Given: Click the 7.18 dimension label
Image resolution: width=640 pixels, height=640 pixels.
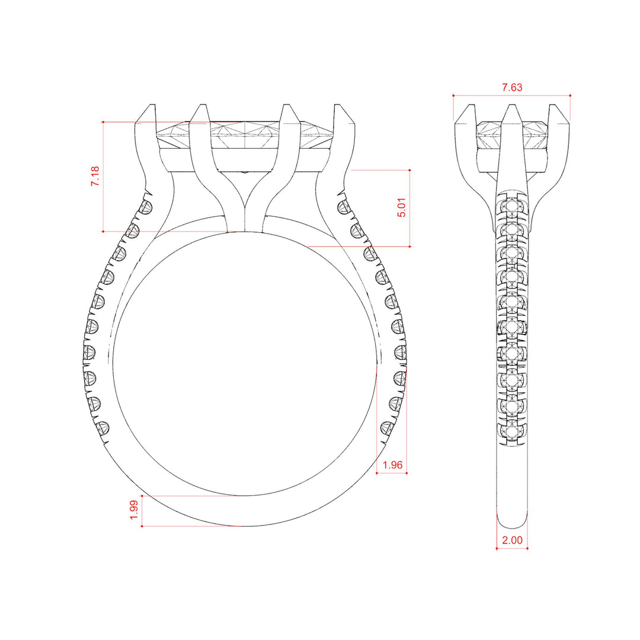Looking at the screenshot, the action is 95,177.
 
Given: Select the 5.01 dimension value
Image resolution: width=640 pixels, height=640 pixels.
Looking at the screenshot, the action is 402,207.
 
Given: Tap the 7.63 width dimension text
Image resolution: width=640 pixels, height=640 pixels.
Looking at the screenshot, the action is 512,87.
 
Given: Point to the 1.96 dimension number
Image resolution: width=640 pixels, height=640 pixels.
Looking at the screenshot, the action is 392,465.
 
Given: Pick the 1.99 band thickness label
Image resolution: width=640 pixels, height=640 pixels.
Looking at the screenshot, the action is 134,510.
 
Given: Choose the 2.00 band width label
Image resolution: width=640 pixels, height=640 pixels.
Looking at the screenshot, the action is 512,540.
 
